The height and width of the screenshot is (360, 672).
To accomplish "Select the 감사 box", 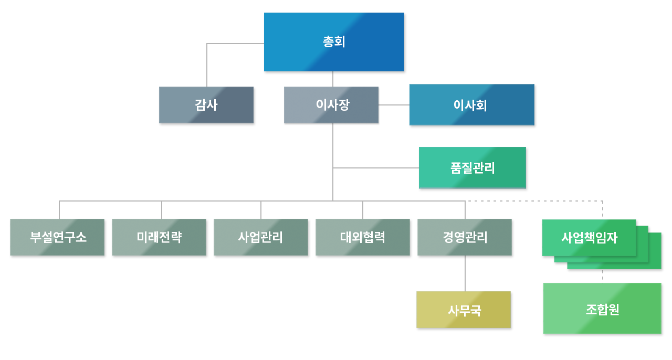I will click(x=206, y=105).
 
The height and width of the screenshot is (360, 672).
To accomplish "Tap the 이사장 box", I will click(x=331, y=105).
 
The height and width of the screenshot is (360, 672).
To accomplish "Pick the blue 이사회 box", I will click(x=471, y=105).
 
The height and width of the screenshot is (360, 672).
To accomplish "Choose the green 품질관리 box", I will click(x=472, y=168).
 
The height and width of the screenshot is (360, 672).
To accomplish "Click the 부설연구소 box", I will click(x=57, y=237).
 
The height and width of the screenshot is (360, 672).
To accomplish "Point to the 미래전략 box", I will click(x=159, y=237).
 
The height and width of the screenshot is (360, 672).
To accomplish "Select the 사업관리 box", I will click(x=261, y=237).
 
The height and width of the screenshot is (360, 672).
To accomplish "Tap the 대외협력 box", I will click(x=363, y=237).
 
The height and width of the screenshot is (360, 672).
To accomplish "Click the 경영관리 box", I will click(x=465, y=237).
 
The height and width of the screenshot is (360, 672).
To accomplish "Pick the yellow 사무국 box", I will click(x=464, y=310).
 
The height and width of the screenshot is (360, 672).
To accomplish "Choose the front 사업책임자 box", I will click(x=589, y=238).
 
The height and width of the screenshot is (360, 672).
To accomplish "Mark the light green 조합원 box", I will click(x=602, y=309).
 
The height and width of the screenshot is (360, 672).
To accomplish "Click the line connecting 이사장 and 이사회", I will click(x=394, y=105).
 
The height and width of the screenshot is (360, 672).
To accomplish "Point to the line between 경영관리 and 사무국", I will click(x=465, y=273).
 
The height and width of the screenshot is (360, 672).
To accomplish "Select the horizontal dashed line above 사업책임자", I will click(x=535, y=201).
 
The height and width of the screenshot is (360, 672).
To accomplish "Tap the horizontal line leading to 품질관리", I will click(x=375, y=168).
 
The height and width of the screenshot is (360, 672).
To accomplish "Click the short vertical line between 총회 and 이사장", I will click(x=333, y=79).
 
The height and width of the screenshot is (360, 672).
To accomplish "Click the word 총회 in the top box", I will click(x=334, y=42).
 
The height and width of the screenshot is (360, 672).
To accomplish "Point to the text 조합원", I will click(x=602, y=310).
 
